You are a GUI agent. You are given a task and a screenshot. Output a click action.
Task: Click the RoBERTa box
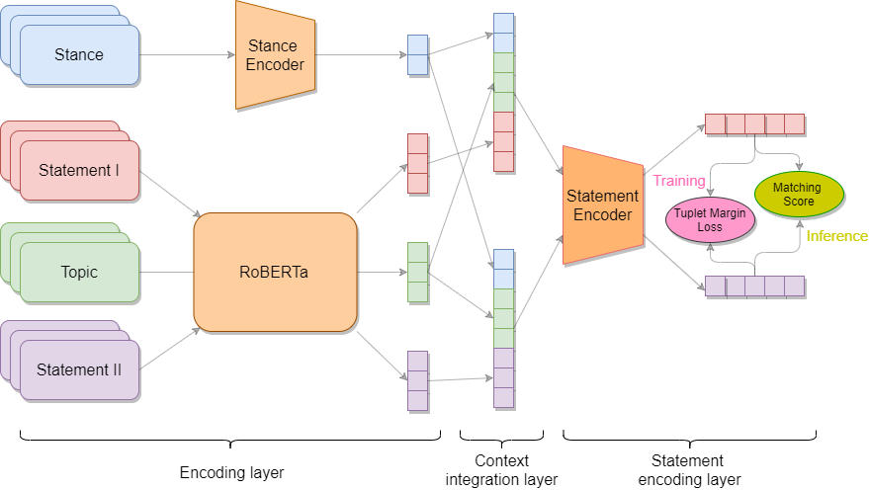tap(275, 272)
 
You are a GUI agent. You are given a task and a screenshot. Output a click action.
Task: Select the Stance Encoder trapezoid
tap(276, 55)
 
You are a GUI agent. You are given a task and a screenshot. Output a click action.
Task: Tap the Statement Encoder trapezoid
tap(602, 205)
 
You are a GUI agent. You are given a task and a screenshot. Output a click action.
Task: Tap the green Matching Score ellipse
tap(798, 195)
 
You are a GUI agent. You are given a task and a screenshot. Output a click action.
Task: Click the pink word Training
tap(679, 181)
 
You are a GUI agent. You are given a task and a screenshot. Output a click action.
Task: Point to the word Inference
tap(836, 236)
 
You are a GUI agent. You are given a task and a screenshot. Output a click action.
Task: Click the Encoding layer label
tap(230, 473)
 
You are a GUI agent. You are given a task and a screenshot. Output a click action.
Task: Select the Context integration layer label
tap(502, 470)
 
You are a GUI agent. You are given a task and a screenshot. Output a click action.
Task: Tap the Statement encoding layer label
tap(688, 470)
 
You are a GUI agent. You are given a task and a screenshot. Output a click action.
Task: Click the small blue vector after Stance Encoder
tap(417, 55)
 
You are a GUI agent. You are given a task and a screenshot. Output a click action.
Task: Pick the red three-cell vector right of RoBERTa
tap(417, 163)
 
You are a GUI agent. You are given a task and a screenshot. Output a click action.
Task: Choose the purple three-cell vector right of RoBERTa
tap(417, 380)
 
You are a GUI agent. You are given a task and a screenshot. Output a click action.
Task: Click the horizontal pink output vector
tap(754, 124)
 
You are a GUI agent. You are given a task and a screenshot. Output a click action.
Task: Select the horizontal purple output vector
tap(754, 286)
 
